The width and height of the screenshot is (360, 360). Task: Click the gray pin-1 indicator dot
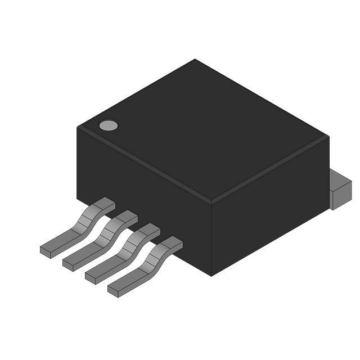109,125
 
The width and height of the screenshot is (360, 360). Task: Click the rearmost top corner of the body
195,60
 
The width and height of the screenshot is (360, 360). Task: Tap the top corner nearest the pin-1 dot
78,128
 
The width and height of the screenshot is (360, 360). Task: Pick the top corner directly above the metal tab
328,136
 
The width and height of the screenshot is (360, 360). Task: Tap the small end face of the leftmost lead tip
45,251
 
